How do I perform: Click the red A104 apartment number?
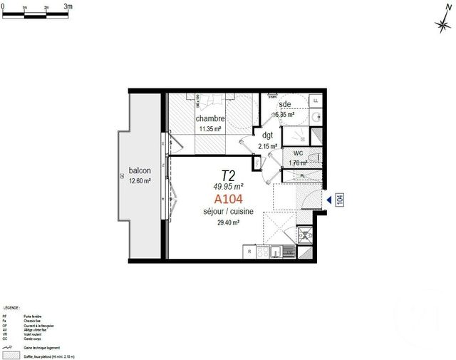(228, 200)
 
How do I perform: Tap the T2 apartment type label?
(228, 175)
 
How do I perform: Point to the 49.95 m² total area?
(228, 187)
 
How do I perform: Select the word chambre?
(211, 118)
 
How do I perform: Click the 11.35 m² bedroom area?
(211, 129)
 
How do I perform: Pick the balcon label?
(139, 171)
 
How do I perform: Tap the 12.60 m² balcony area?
(139, 181)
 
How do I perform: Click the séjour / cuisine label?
(228, 212)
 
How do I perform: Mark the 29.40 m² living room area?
(228, 222)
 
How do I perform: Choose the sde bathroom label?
(285, 104)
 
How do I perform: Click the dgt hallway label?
(268, 135)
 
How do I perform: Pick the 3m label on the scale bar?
(68, 6)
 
